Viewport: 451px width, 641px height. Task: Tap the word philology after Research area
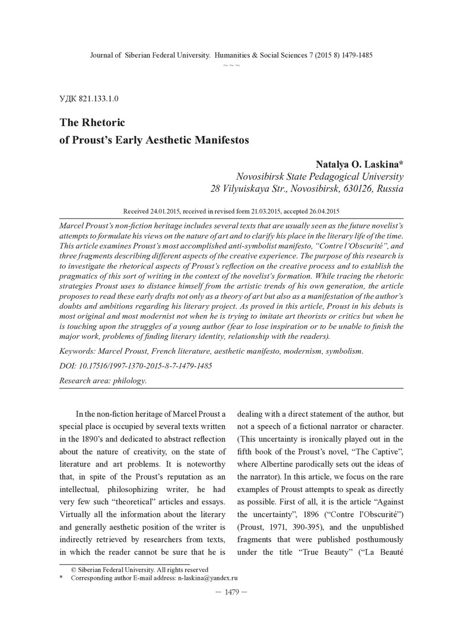(129, 380)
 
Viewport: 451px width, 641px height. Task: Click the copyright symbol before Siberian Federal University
(74, 569)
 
